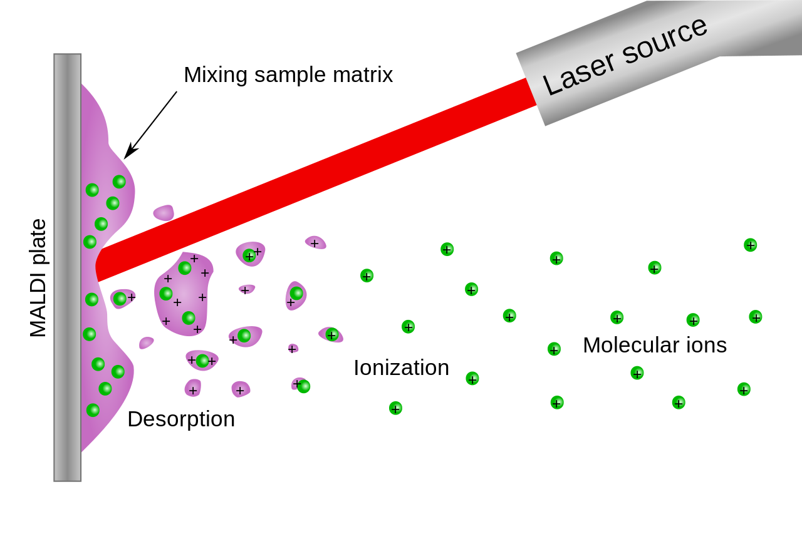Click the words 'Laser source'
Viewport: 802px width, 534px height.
624,56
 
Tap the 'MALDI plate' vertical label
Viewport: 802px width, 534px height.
38,278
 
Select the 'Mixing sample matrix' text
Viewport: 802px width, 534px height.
288,74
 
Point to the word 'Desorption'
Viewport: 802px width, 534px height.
181,419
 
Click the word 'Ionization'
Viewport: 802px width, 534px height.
401,367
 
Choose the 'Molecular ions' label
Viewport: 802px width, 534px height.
654,345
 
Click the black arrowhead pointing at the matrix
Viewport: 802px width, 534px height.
129,152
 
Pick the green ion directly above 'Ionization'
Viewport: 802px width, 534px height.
408,327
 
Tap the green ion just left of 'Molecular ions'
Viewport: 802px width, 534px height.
554,349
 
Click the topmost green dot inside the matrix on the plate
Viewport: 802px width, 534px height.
119,182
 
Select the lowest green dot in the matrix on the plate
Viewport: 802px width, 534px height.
93,410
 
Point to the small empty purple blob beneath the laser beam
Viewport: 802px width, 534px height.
164,213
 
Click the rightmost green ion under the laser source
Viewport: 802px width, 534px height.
750,245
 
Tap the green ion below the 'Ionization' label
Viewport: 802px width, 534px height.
395,408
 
